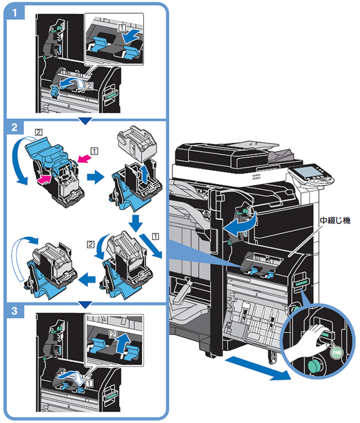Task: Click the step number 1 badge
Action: pyautogui.click(x=15, y=12)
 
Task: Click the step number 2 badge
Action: pyautogui.click(x=15, y=127)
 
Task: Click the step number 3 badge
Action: pyautogui.click(x=15, y=311)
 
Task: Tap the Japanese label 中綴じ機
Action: pyautogui.click(x=335, y=220)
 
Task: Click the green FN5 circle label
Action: pyautogui.click(x=337, y=352)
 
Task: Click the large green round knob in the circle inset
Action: pyautogui.click(x=315, y=366)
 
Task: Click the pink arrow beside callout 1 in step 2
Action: pyautogui.click(x=83, y=158)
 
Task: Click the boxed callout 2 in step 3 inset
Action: pyautogui.click(x=113, y=334)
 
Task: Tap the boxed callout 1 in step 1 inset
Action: pyautogui.click(x=122, y=28)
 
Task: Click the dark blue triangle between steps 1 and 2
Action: pyautogui.click(x=86, y=121)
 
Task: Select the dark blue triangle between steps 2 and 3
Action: pyautogui.click(x=86, y=305)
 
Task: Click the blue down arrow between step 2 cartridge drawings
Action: pyautogui.click(x=135, y=223)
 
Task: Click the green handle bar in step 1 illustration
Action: pyautogui.click(x=111, y=95)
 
